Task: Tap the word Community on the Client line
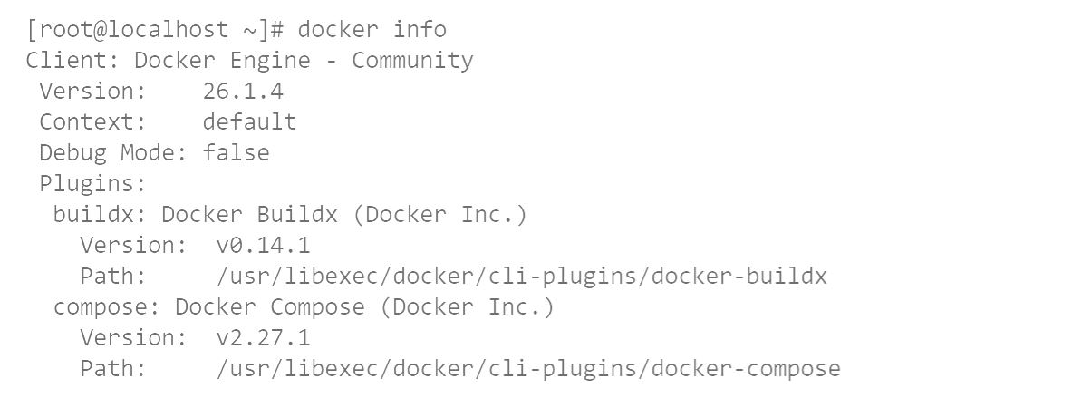point(412,60)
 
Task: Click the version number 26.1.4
point(243,91)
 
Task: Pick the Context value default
point(249,121)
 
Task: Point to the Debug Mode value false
point(236,152)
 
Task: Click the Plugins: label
point(93,184)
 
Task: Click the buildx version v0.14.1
point(263,246)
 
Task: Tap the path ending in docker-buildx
point(522,277)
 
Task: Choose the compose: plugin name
point(107,307)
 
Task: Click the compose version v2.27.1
point(263,338)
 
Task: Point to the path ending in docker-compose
point(528,369)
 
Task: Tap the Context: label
point(93,121)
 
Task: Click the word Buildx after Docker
point(297,215)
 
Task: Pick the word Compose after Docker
point(317,307)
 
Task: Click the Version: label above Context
point(93,91)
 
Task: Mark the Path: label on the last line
point(113,369)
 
